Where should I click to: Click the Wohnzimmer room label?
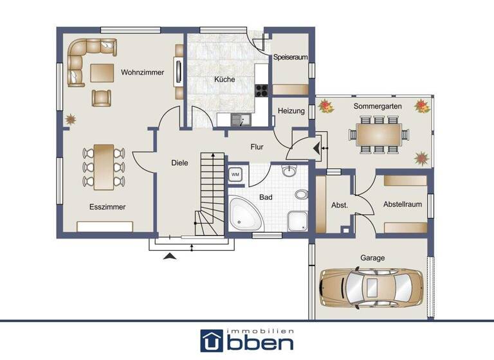coord(142,73)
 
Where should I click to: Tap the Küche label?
coord(224,80)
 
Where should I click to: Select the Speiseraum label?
coord(290,57)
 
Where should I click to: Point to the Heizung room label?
coord(291,111)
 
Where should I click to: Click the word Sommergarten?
coord(378,105)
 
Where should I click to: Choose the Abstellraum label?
coord(402,204)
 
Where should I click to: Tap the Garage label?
coord(372,258)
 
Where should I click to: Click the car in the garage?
coord(371,285)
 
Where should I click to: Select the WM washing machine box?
coord(235,174)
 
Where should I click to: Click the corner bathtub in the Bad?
coord(245,214)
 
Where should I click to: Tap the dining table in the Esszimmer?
coord(103,166)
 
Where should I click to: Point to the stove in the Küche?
coord(261,91)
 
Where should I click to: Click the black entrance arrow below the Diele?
coord(170,256)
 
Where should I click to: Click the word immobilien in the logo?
coord(271,330)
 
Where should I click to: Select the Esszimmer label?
coord(107,207)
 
